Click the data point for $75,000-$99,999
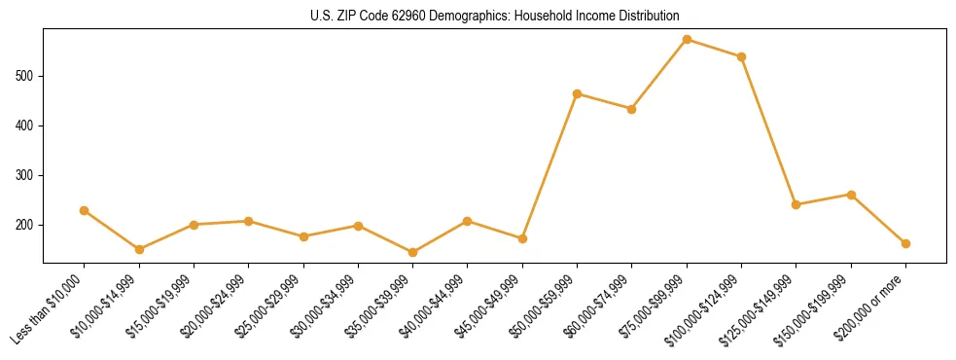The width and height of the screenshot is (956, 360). click(687, 40)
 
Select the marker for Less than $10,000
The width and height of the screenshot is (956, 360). click(85, 210)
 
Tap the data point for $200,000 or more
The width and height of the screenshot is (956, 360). click(905, 243)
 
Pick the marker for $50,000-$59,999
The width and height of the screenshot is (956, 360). click(577, 94)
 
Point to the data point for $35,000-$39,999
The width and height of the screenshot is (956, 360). click(413, 252)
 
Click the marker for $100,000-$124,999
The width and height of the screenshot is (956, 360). click(741, 56)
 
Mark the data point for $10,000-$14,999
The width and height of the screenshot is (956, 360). click(139, 249)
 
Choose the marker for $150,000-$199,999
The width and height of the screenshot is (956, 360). click(851, 195)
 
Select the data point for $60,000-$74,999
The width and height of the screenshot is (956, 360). click(632, 109)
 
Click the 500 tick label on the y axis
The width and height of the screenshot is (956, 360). click(30, 76)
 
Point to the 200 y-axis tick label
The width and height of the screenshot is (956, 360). click(30, 225)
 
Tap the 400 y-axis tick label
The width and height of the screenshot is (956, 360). click(30, 126)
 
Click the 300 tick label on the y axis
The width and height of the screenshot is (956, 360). click(30, 175)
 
